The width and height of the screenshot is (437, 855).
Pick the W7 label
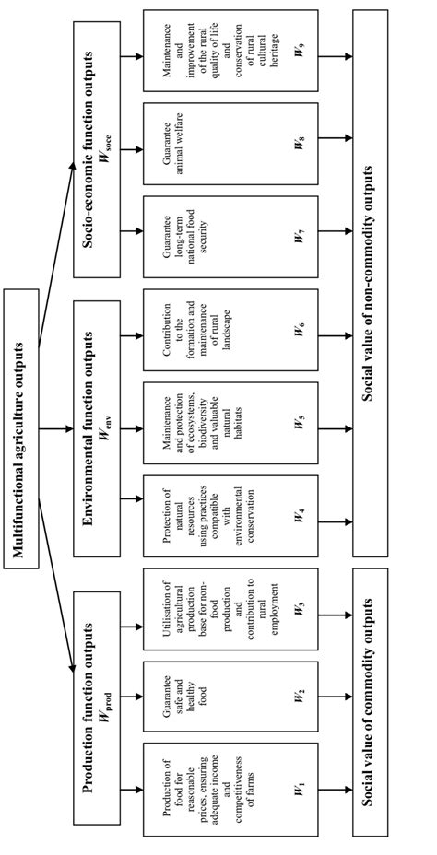click(299, 237)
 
